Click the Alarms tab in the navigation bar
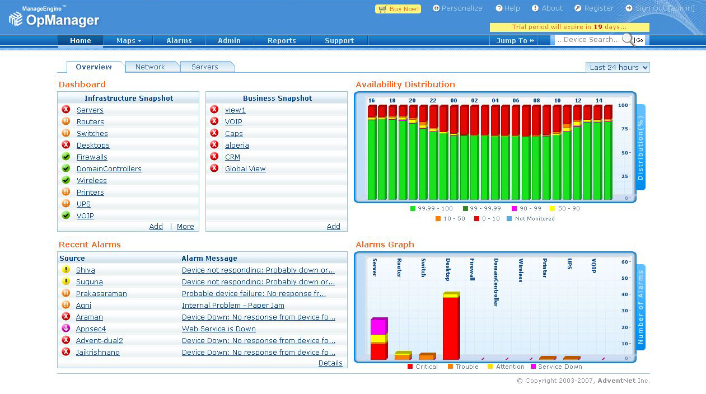[179, 41]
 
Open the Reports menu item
[282, 41]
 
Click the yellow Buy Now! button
[398, 9]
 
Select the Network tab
[150, 67]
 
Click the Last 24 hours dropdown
[618, 68]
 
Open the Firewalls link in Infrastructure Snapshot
[92, 157]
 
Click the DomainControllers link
[109, 169]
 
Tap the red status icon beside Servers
[66, 110]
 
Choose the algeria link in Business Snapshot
[237, 146]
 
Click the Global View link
[245, 169]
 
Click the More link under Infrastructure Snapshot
[185, 227]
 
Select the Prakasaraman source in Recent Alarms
[101, 294]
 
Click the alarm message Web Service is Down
[218, 329]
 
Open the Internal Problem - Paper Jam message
[233, 306]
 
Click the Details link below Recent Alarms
[330, 363]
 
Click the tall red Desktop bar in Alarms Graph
[450, 327]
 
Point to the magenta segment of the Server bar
[378, 326]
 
